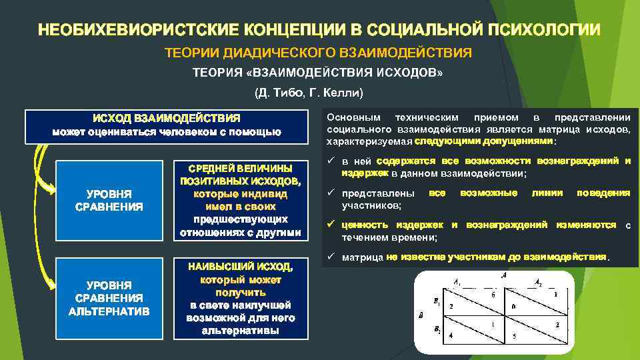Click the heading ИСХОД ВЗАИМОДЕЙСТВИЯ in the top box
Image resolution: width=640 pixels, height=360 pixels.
[167, 118]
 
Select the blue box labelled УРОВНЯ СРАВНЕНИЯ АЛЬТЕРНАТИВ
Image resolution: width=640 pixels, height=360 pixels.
[109, 298]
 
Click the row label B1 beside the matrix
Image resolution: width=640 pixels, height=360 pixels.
[436, 302]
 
